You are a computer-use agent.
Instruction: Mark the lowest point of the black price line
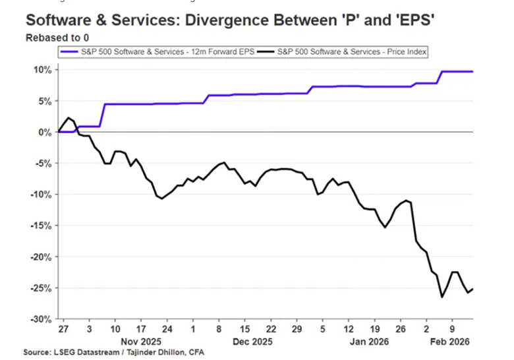[442, 297]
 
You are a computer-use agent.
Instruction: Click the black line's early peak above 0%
[69, 118]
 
